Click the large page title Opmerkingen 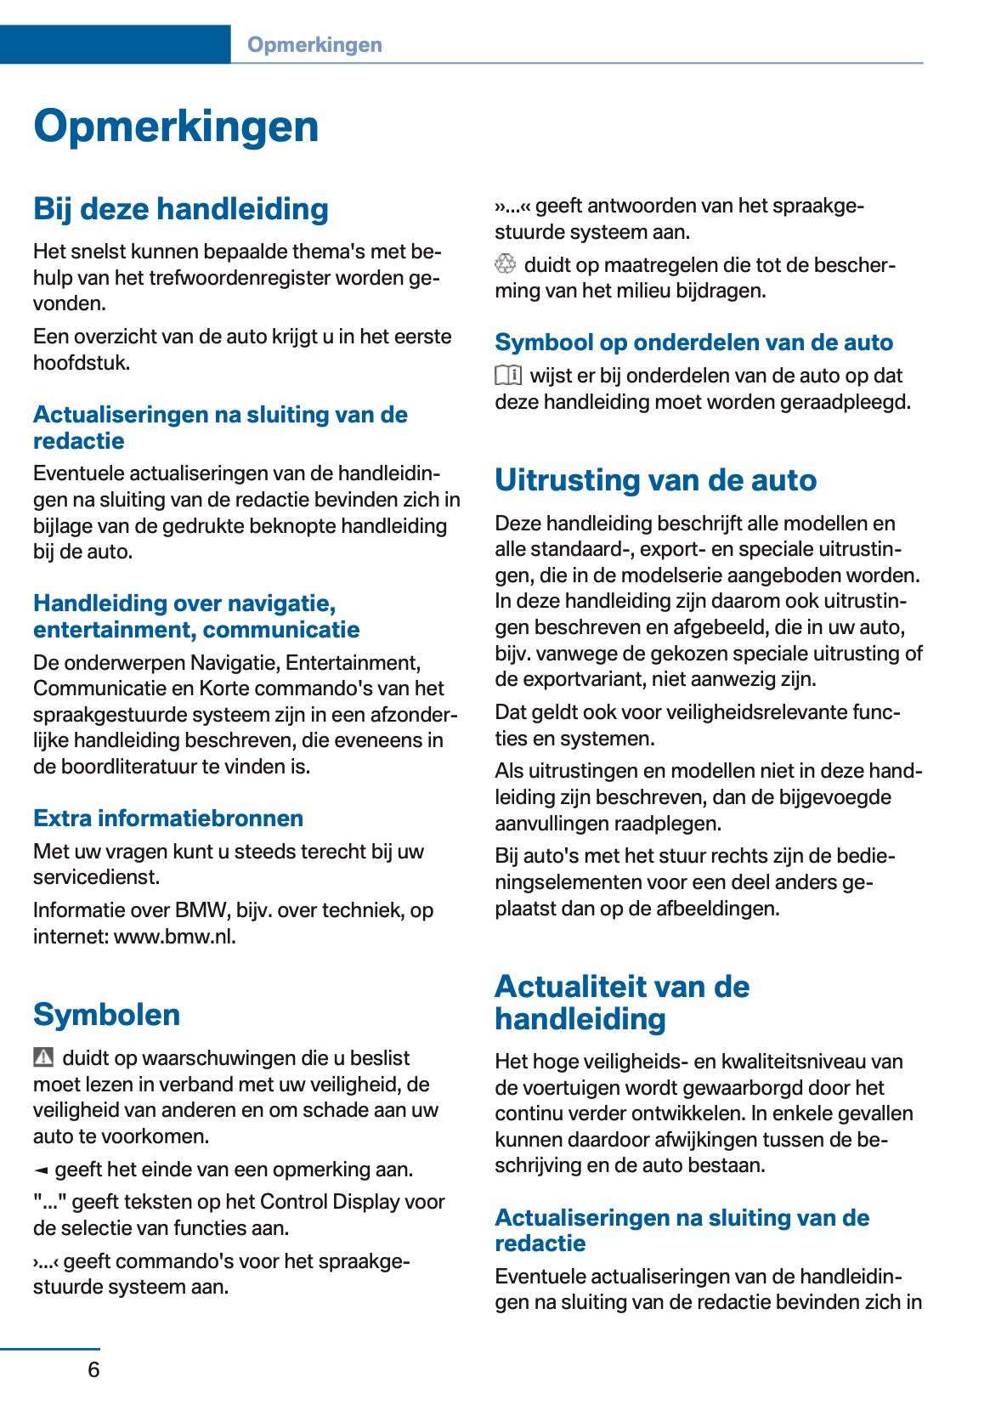tap(176, 126)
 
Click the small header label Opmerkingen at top tap(314, 45)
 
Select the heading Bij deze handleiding tap(180, 209)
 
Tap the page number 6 tap(93, 1369)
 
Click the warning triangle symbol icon tap(43, 1057)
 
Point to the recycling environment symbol tap(505, 264)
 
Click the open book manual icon tap(508, 375)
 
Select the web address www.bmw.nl tap(174, 937)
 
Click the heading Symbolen tap(106, 1014)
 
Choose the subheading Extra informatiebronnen tap(168, 818)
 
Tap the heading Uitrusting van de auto tap(655, 480)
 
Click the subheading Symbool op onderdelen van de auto tap(693, 343)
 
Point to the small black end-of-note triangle tap(40, 1170)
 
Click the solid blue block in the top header tap(115, 44)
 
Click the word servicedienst tap(96, 877)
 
